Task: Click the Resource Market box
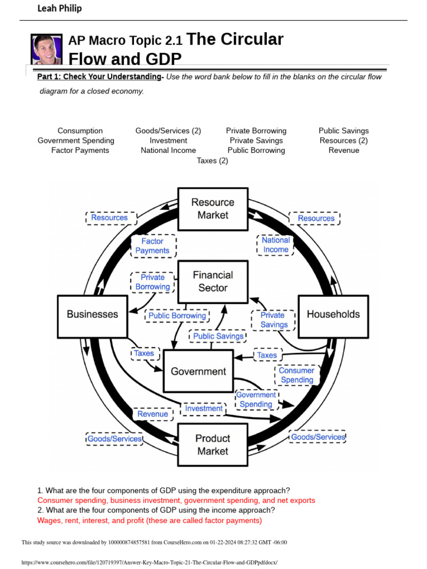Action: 212,209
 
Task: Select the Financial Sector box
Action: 212,282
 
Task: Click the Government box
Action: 198,371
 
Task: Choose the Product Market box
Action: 212,445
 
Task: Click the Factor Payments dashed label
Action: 152,246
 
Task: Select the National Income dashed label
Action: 276,245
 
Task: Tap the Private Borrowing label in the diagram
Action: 152,282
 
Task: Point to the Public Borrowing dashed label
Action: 177,316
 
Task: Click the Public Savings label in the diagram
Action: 218,336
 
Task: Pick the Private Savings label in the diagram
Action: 274,320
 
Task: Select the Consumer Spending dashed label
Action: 296,375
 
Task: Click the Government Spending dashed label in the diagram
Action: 256,400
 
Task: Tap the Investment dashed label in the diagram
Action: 203,408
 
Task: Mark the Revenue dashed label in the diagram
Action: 152,414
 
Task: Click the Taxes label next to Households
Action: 266,355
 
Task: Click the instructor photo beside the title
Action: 47,49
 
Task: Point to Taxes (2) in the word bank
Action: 212,161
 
